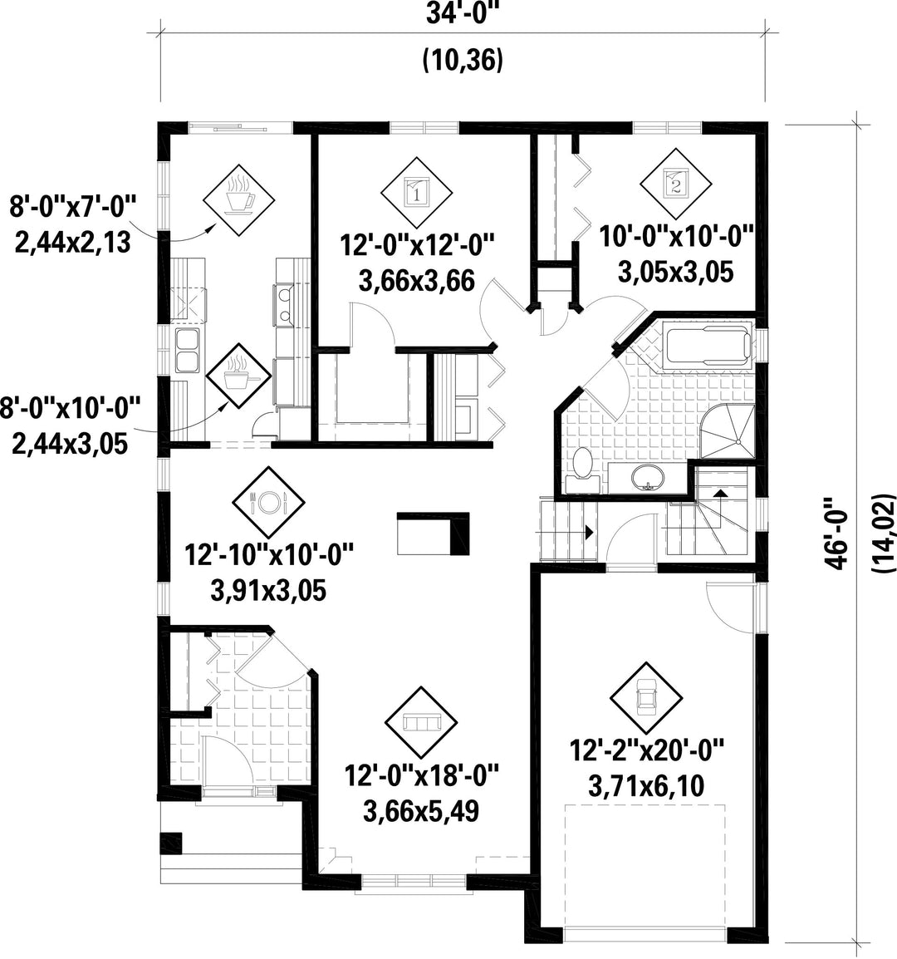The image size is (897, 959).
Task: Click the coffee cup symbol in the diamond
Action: click(x=239, y=196)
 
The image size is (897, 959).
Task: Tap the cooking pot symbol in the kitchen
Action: click(x=238, y=374)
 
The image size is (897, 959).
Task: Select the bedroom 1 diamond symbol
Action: click(x=416, y=192)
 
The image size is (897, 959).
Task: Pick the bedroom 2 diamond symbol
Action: click(x=675, y=184)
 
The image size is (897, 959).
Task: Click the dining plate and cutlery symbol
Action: click(x=268, y=502)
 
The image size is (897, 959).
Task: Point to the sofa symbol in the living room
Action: click(x=422, y=722)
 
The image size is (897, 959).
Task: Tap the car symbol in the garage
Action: click(x=645, y=698)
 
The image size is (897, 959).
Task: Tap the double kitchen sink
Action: click(x=187, y=350)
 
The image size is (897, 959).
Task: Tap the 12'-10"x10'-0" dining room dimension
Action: click(x=270, y=555)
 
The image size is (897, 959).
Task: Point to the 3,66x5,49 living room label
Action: click(x=421, y=812)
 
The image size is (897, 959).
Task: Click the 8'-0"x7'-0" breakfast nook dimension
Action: click(x=72, y=207)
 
